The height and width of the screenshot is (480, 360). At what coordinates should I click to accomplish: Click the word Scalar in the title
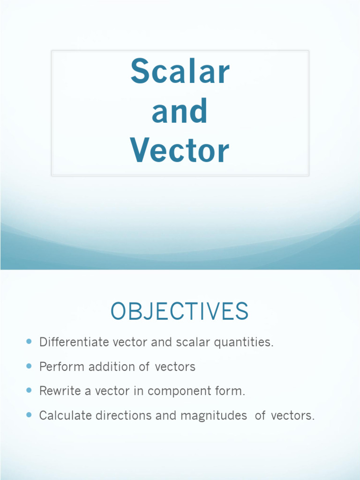click(x=180, y=72)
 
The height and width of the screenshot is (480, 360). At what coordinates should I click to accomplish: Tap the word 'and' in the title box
click(x=180, y=112)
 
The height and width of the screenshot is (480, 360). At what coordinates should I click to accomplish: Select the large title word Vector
click(x=180, y=151)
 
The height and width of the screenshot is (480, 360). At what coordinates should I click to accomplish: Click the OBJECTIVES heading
click(x=180, y=312)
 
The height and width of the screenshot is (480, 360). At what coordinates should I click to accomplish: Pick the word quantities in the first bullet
click(x=243, y=342)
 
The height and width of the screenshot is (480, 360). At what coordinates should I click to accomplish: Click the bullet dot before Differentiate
click(x=29, y=342)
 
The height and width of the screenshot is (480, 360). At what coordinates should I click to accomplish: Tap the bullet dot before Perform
click(x=29, y=366)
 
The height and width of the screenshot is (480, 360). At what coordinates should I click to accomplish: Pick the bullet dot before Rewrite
click(x=29, y=390)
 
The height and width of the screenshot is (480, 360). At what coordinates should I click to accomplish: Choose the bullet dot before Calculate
click(x=29, y=415)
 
